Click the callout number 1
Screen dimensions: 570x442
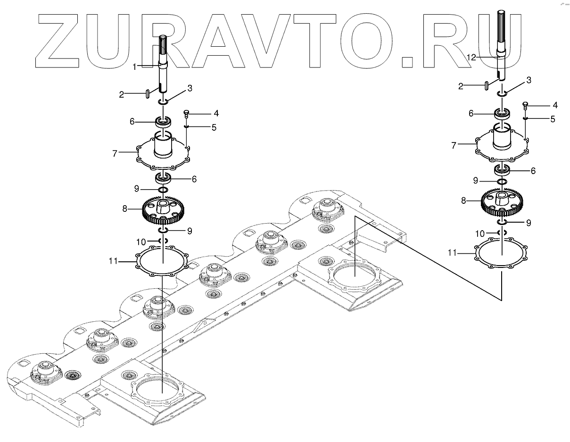tap(134, 67)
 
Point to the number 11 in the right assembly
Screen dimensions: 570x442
tap(452, 253)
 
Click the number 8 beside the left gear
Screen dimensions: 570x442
tap(124, 208)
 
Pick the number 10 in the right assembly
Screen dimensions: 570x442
tap(480, 233)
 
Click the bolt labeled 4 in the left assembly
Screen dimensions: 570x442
tap(187, 114)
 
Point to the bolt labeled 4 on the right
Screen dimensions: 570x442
tap(526, 105)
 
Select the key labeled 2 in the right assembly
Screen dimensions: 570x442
tap(486, 84)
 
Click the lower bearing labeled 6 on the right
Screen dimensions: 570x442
tap(503, 170)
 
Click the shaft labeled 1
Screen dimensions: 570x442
tap(163, 66)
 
